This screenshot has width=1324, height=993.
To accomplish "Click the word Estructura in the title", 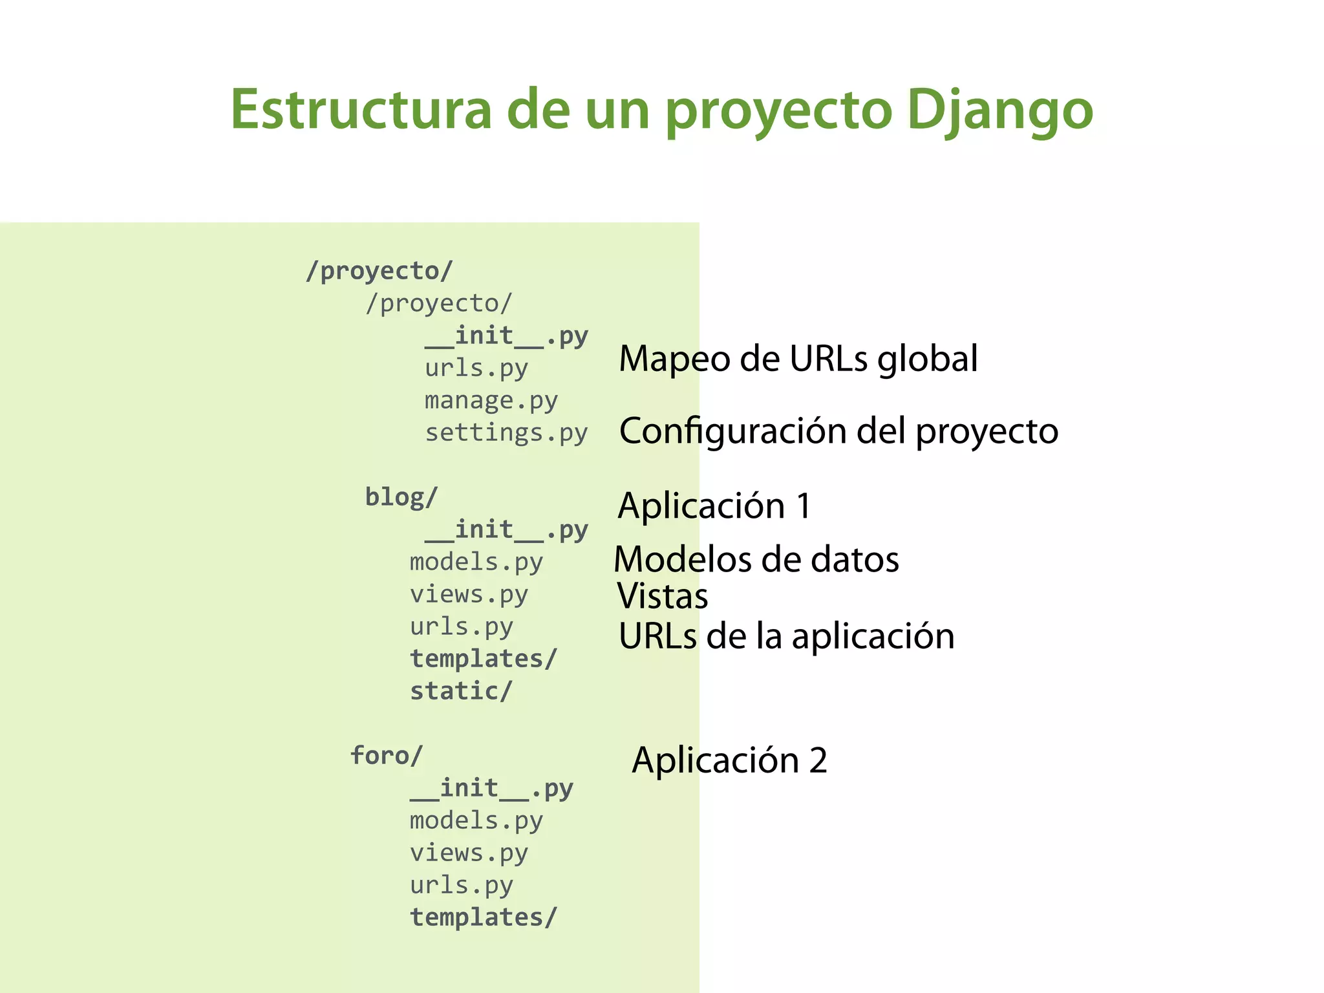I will tap(361, 110).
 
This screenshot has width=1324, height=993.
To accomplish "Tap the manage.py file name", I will tap(491, 401).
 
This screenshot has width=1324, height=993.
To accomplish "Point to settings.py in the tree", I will tap(506, 433).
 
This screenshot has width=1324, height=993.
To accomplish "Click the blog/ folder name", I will tap(401, 497).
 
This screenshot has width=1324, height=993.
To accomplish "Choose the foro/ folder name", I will tap(387, 756).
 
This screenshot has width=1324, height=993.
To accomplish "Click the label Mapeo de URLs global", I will tap(798, 359).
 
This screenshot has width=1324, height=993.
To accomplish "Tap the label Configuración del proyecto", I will tap(838, 431).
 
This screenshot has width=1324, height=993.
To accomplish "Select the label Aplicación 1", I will tap(714, 506).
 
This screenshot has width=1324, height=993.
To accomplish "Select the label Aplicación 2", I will tap(729, 760).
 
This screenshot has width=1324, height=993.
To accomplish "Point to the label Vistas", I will tap(663, 596).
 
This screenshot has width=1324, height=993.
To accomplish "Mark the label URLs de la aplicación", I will tap(786, 636).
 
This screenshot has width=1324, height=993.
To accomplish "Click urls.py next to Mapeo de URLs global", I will tap(476, 368).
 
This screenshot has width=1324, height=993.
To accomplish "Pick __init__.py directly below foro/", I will tap(491, 789).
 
